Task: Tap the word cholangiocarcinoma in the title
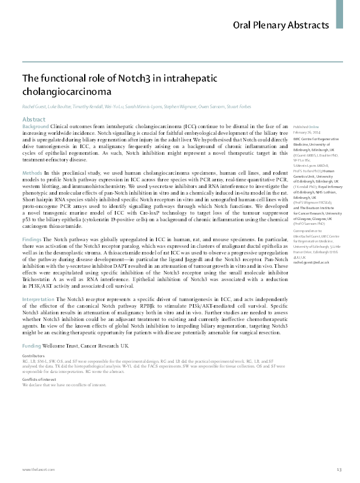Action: pos(67,92)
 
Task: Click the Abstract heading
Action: pos(34,120)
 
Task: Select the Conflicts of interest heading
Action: pos(38,379)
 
